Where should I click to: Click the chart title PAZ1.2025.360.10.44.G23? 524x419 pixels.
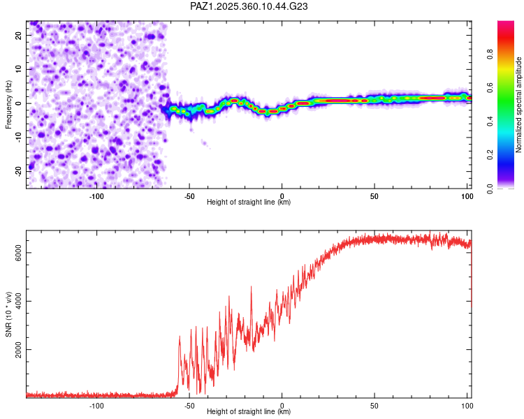tap(249, 6)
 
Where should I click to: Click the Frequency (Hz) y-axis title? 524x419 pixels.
tap(8, 104)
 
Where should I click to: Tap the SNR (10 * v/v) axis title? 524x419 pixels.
tap(8, 314)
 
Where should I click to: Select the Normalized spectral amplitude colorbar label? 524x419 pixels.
tap(519, 104)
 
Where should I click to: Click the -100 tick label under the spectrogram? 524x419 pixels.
tap(96, 196)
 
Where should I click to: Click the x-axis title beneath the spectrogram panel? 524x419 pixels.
tap(249, 203)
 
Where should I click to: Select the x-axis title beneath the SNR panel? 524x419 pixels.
tap(249, 412)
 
